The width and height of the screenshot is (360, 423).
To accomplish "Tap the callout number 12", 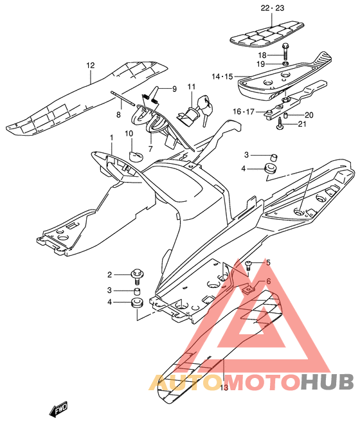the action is (x=91, y=66).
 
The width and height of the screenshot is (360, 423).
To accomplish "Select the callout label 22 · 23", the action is (x=273, y=8).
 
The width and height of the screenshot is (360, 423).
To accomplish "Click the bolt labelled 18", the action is (x=285, y=52).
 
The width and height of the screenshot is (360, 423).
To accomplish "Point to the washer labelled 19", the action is (x=285, y=64).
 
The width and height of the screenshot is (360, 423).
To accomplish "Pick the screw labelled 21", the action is (x=280, y=124).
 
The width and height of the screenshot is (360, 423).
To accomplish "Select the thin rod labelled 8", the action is (x=123, y=98).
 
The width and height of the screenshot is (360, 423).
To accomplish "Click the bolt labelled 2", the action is (x=137, y=276).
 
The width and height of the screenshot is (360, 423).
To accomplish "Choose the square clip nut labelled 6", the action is (x=248, y=290).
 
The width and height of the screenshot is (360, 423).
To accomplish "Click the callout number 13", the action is (x=224, y=388).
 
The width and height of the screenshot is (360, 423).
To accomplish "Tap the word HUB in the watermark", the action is (x=327, y=382).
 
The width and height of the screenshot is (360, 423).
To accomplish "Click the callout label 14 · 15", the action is (x=222, y=76).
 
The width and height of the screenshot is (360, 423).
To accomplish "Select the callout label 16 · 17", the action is (x=244, y=111).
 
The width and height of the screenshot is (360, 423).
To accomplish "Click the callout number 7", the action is (x=150, y=148).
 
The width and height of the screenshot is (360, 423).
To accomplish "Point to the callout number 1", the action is (x=111, y=138).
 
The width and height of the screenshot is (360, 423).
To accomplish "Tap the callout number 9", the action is (x=174, y=89).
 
